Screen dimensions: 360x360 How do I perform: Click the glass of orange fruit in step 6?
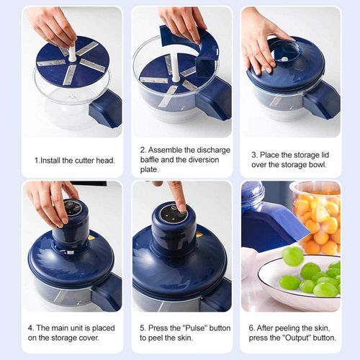(315, 216)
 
